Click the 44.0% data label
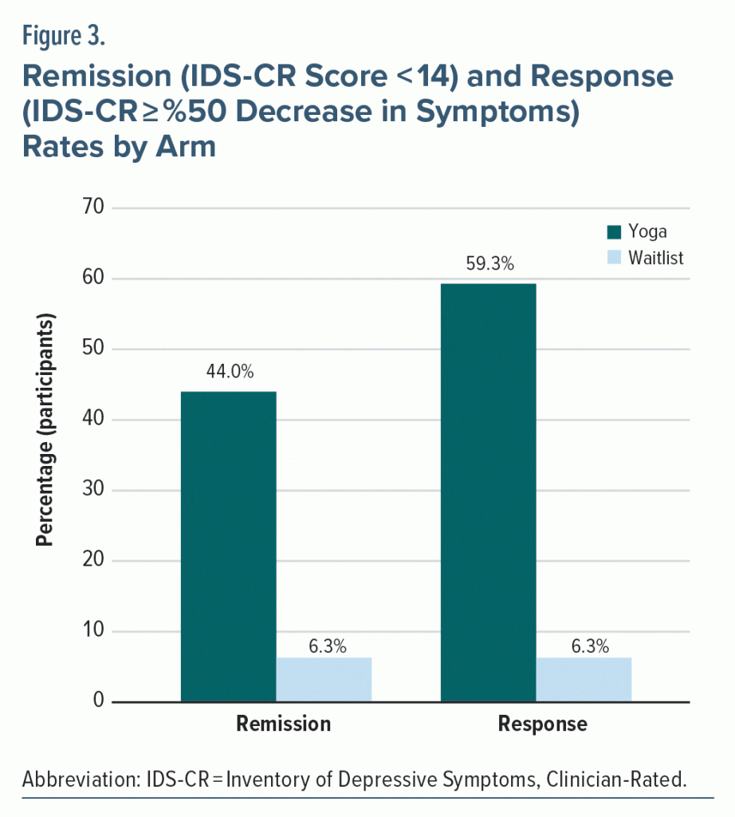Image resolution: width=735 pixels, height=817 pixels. pos(228,373)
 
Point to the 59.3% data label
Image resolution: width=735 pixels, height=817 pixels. pos(488,264)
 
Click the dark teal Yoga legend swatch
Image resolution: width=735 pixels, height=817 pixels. pos(614,232)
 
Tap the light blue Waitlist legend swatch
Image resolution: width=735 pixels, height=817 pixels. pos(614,258)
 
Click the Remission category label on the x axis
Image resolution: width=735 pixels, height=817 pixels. pos(283,724)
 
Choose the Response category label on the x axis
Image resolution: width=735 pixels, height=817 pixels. pos(543,724)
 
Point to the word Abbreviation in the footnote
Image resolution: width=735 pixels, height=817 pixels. pos(73,779)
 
